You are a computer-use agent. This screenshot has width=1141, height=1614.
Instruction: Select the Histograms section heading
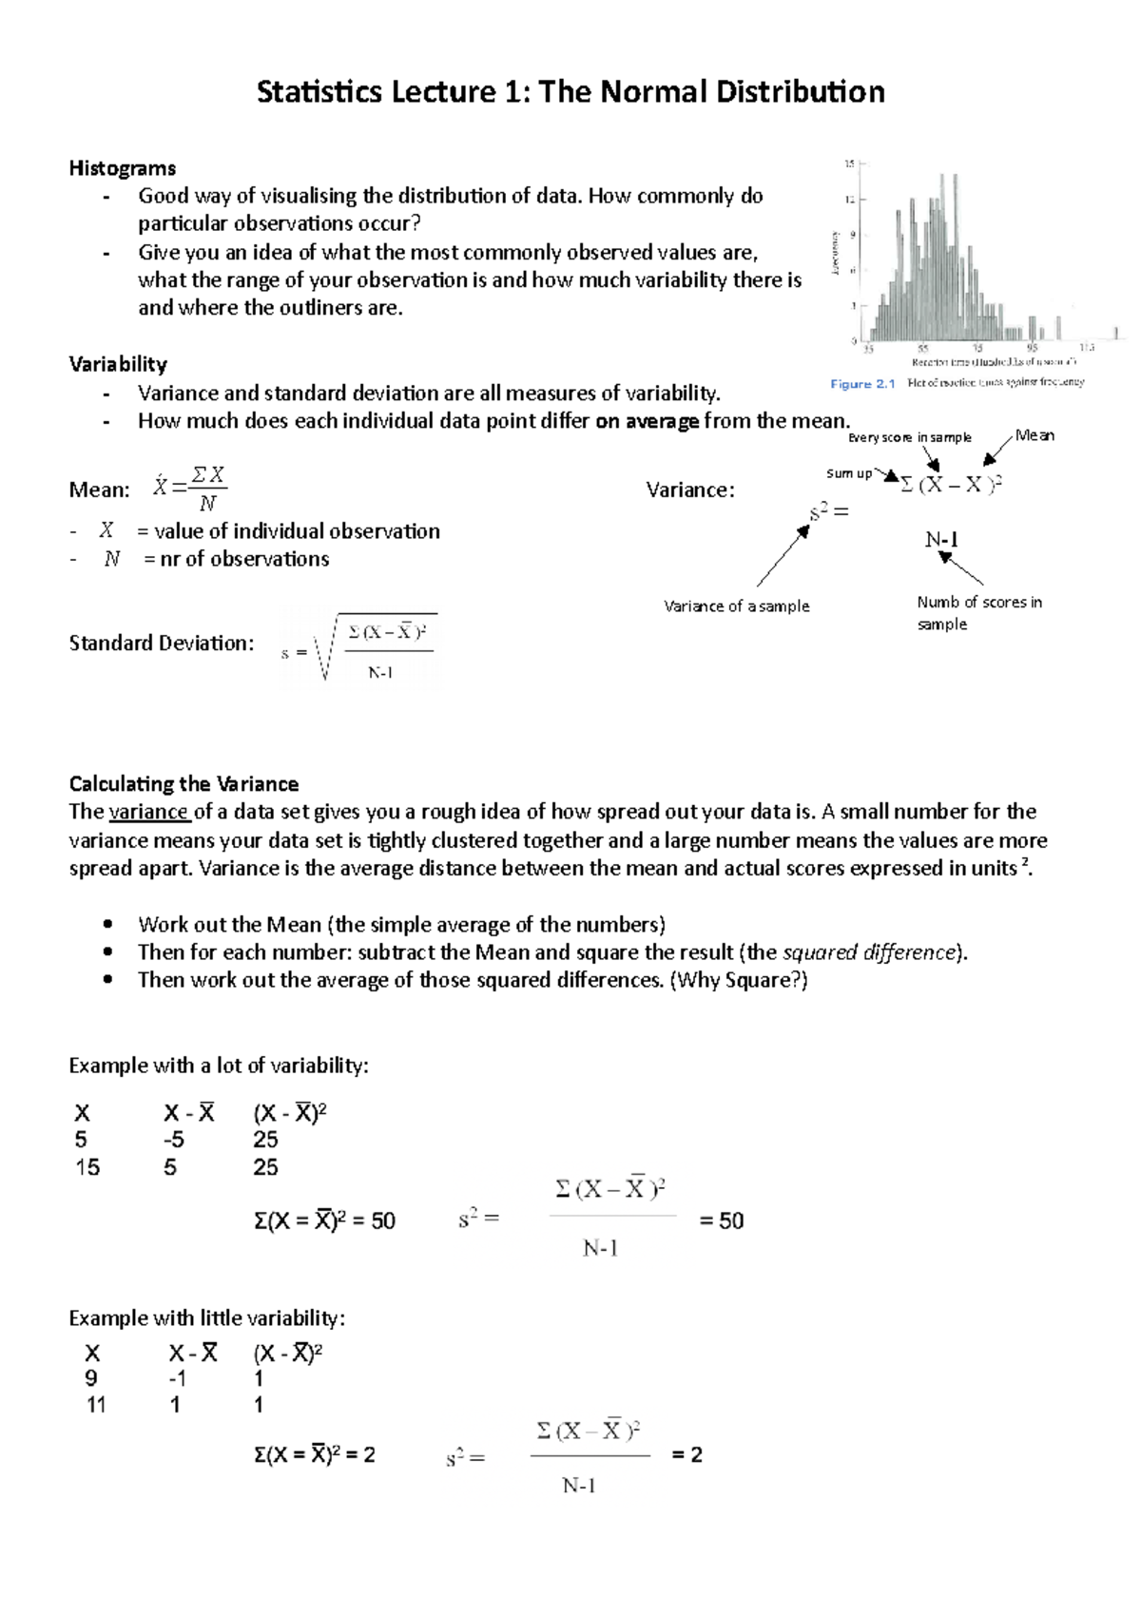click(122, 168)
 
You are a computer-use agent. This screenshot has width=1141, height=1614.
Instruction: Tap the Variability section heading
click(118, 364)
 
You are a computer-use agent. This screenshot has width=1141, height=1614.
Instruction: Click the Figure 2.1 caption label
click(862, 384)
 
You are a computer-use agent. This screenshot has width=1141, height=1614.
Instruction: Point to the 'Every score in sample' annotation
click(909, 437)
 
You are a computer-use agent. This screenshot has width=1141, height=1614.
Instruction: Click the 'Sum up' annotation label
click(848, 473)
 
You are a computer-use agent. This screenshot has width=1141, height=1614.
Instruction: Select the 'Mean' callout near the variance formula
click(1035, 435)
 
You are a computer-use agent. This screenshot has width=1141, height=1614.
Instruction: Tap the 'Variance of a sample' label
click(736, 605)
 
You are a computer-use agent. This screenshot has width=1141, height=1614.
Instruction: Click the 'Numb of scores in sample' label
click(978, 613)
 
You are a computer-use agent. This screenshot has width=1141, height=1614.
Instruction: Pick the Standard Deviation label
click(162, 644)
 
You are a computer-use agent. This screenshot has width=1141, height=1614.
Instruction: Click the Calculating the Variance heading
click(184, 784)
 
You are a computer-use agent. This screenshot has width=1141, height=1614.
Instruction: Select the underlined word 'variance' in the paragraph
click(149, 812)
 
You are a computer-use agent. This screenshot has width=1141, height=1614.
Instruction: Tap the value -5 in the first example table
click(173, 1140)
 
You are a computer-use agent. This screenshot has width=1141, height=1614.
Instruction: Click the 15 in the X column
click(87, 1167)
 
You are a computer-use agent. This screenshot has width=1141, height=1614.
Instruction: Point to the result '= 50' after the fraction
click(721, 1221)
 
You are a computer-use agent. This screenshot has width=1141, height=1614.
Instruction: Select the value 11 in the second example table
click(96, 1405)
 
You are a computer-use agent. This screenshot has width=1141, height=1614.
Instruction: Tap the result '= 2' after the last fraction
click(687, 1455)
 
